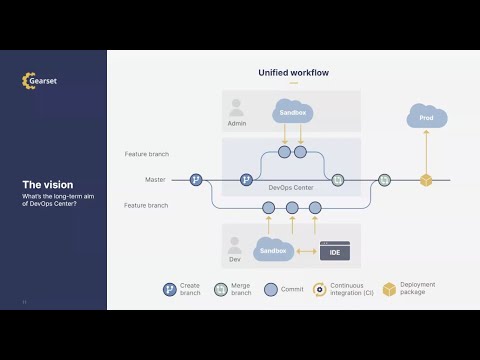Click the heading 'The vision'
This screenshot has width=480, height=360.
coord(45,184)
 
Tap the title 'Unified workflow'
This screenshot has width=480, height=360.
coord(293,73)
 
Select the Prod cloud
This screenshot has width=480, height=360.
coord(425,118)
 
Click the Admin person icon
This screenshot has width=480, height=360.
coord(236,105)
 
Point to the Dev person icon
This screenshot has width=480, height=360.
coord(236,245)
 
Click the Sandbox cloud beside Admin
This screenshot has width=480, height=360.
coord(292,114)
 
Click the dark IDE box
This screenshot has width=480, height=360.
coord(334,251)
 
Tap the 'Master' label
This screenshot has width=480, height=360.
coord(155,180)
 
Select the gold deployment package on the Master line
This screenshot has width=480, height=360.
coord(425,180)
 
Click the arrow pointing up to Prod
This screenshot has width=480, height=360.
coord(425,150)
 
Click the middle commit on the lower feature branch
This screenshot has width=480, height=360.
coord(292,208)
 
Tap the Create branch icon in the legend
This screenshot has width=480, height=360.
coord(170,289)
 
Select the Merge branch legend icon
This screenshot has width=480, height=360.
coord(220,289)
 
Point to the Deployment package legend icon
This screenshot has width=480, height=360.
coord(389,289)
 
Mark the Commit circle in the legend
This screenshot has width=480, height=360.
coord(270,289)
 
